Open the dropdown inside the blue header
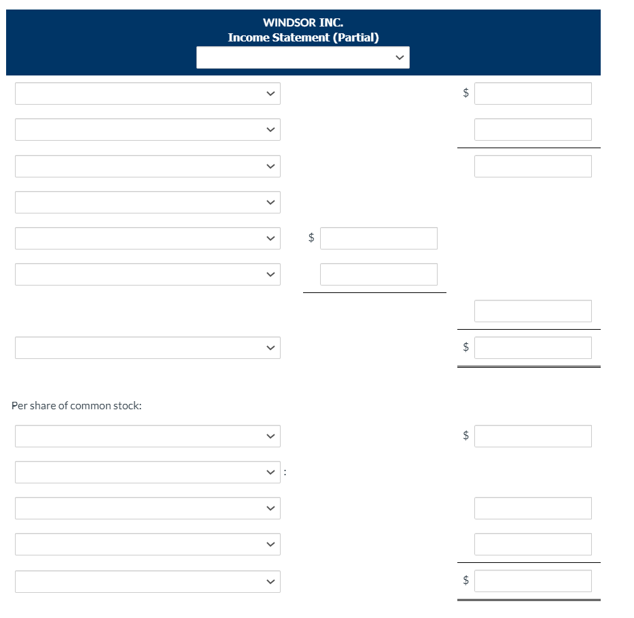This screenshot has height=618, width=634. pyautogui.click(x=302, y=58)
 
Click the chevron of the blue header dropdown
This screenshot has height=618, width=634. pyautogui.click(x=400, y=58)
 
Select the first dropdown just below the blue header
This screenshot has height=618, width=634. pyautogui.click(x=147, y=94)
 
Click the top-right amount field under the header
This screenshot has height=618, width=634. pyautogui.click(x=533, y=94)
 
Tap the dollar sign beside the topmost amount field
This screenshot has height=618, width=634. pyautogui.click(x=465, y=94)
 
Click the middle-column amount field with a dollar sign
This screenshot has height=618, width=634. pyautogui.click(x=378, y=239)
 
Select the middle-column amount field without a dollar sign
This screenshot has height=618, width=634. pyautogui.click(x=378, y=275)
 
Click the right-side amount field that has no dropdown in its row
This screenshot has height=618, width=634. pyautogui.click(x=533, y=311)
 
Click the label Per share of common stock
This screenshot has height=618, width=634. pyautogui.click(x=77, y=406)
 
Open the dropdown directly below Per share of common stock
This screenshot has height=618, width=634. pyautogui.click(x=147, y=436)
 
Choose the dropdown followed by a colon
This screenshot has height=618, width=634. pyautogui.click(x=147, y=473)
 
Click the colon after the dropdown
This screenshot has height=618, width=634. pyautogui.click(x=285, y=471)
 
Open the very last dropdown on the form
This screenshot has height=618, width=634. pyautogui.click(x=147, y=581)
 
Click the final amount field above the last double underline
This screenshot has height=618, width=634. pyautogui.click(x=533, y=581)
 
